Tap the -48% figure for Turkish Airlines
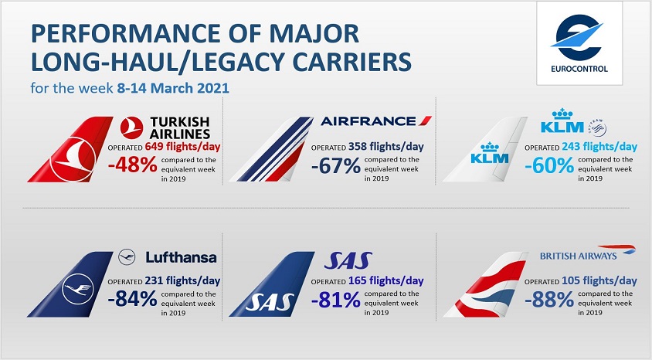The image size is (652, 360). pos(132,165)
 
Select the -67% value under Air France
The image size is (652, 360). pos(336,166)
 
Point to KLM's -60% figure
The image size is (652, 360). pos(549,166)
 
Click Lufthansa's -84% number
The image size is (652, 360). pos(132,299)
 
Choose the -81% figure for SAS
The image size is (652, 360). pos(336,300)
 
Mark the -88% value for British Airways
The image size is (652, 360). pos(549,300)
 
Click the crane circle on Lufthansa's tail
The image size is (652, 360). pos(78,288)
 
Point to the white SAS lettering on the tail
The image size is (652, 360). pos(270,303)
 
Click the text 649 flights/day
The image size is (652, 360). pos(182,146)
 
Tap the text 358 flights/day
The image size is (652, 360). pos(386,146)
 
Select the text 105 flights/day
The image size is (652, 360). pos(599,281)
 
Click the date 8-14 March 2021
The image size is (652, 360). pos(173,88)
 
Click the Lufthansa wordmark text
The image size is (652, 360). pos(181,257)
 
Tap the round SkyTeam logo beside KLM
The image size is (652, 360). pos(597,127)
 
